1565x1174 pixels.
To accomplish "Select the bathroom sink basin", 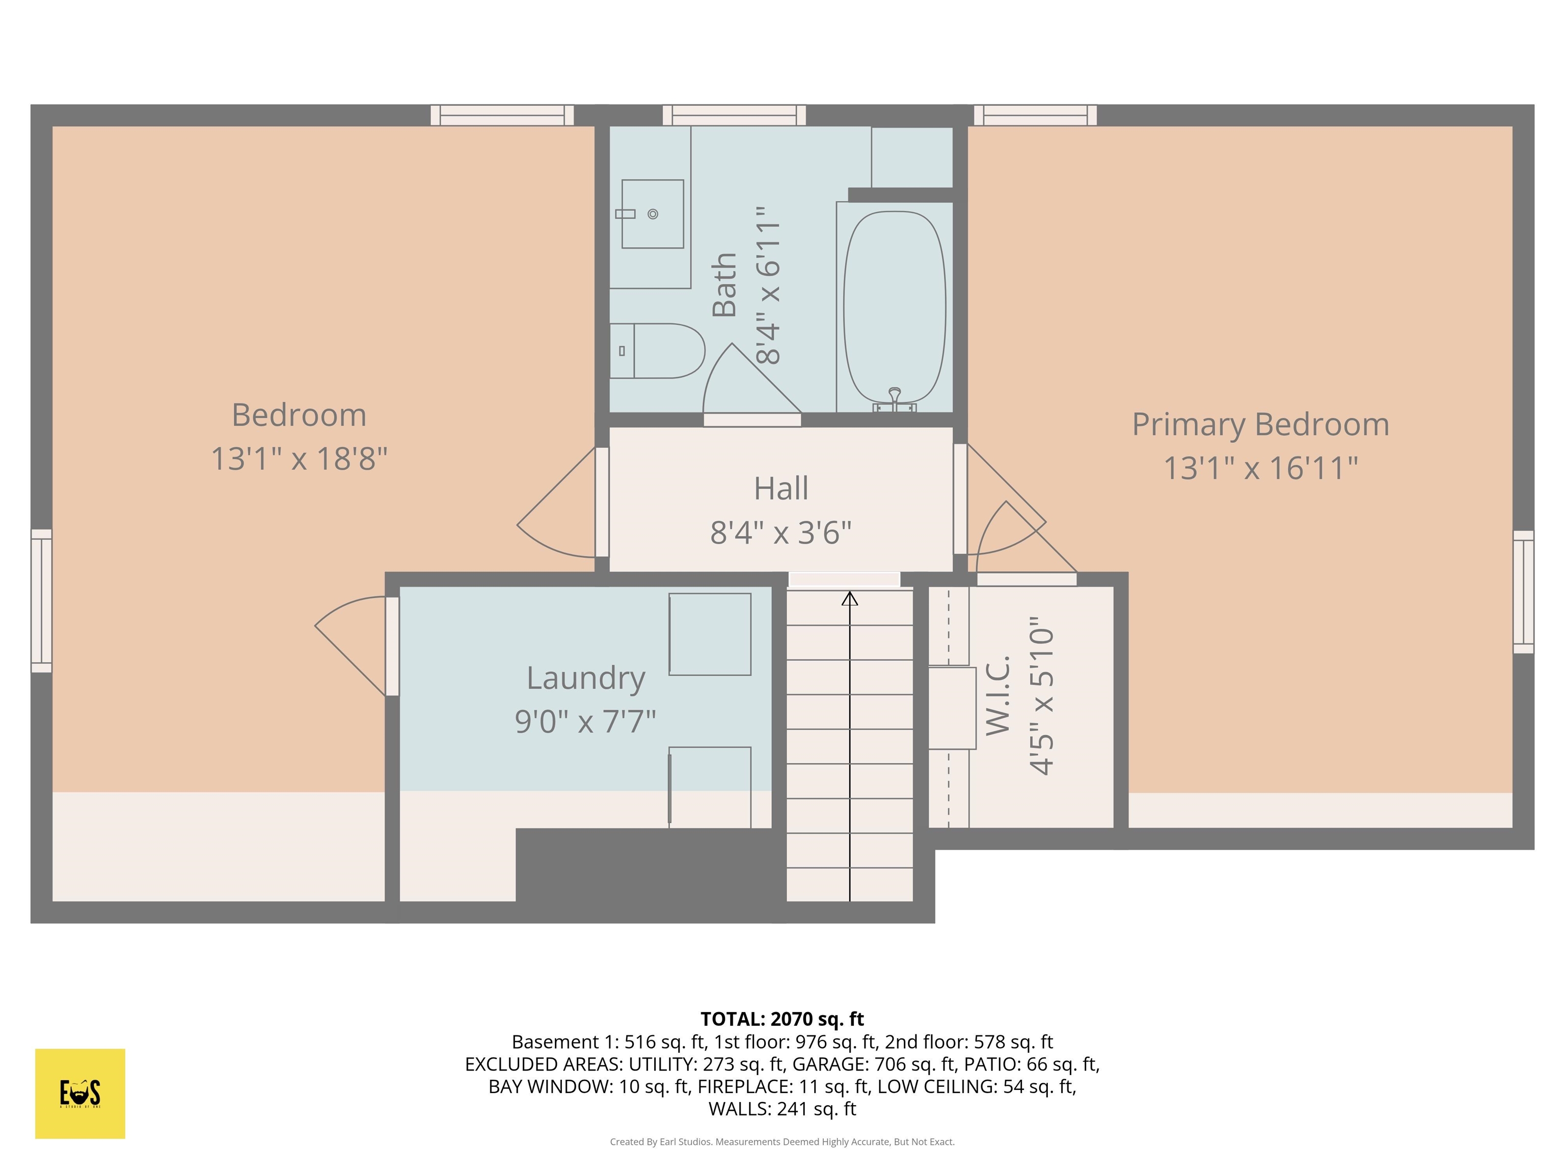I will pos(652,214).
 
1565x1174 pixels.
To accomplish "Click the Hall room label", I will pos(781,488).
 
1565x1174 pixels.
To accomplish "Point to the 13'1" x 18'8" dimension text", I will pos(299,459).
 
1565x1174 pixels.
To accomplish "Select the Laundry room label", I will pos(586,678).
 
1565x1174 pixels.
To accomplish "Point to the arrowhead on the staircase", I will pos(850,599).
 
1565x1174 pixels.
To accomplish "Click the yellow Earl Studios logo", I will pos(80,1093).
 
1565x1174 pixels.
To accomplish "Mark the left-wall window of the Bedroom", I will pos(42,600).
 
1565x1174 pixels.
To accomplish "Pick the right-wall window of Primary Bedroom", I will pos(1523,592).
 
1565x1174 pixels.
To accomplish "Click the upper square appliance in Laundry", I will pos(710,634).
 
